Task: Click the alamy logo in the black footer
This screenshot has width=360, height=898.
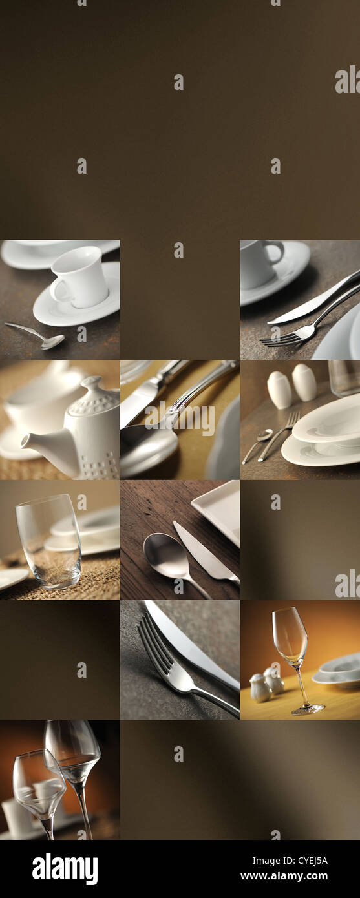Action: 65,868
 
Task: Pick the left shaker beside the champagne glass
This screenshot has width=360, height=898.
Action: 259,689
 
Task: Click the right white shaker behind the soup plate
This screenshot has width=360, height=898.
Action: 304,382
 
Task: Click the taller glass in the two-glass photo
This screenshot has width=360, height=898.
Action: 74,756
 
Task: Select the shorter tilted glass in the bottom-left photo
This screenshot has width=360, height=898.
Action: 39,785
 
